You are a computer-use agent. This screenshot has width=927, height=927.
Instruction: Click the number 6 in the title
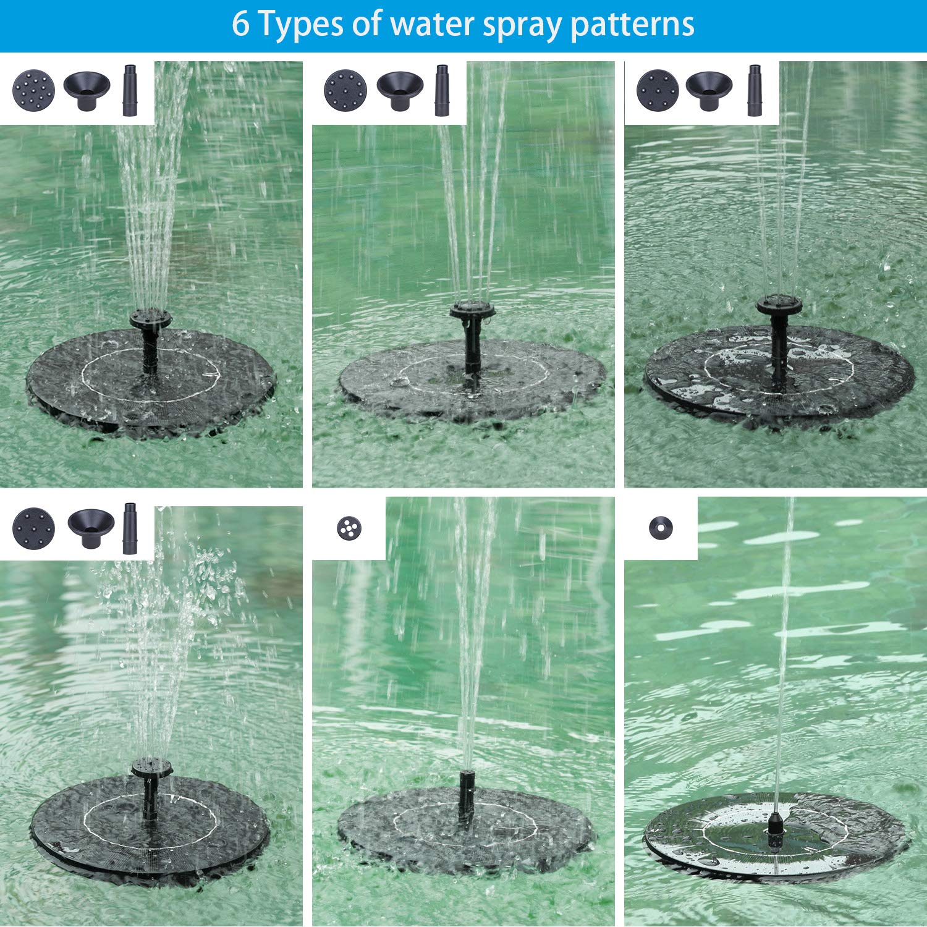(x=241, y=25)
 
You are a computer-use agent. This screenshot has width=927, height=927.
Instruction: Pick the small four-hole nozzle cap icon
(x=349, y=528)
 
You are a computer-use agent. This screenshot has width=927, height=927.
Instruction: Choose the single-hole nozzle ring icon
(x=661, y=528)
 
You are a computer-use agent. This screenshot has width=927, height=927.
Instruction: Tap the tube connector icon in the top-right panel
(x=755, y=90)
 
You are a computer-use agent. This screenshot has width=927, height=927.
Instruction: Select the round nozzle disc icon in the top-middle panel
(x=345, y=90)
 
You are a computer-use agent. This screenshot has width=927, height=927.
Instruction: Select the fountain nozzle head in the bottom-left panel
(x=151, y=768)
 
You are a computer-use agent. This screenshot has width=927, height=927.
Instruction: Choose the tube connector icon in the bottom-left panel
(x=130, y=528)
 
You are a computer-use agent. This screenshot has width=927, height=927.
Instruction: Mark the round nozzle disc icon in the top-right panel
(x=658, y=90)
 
